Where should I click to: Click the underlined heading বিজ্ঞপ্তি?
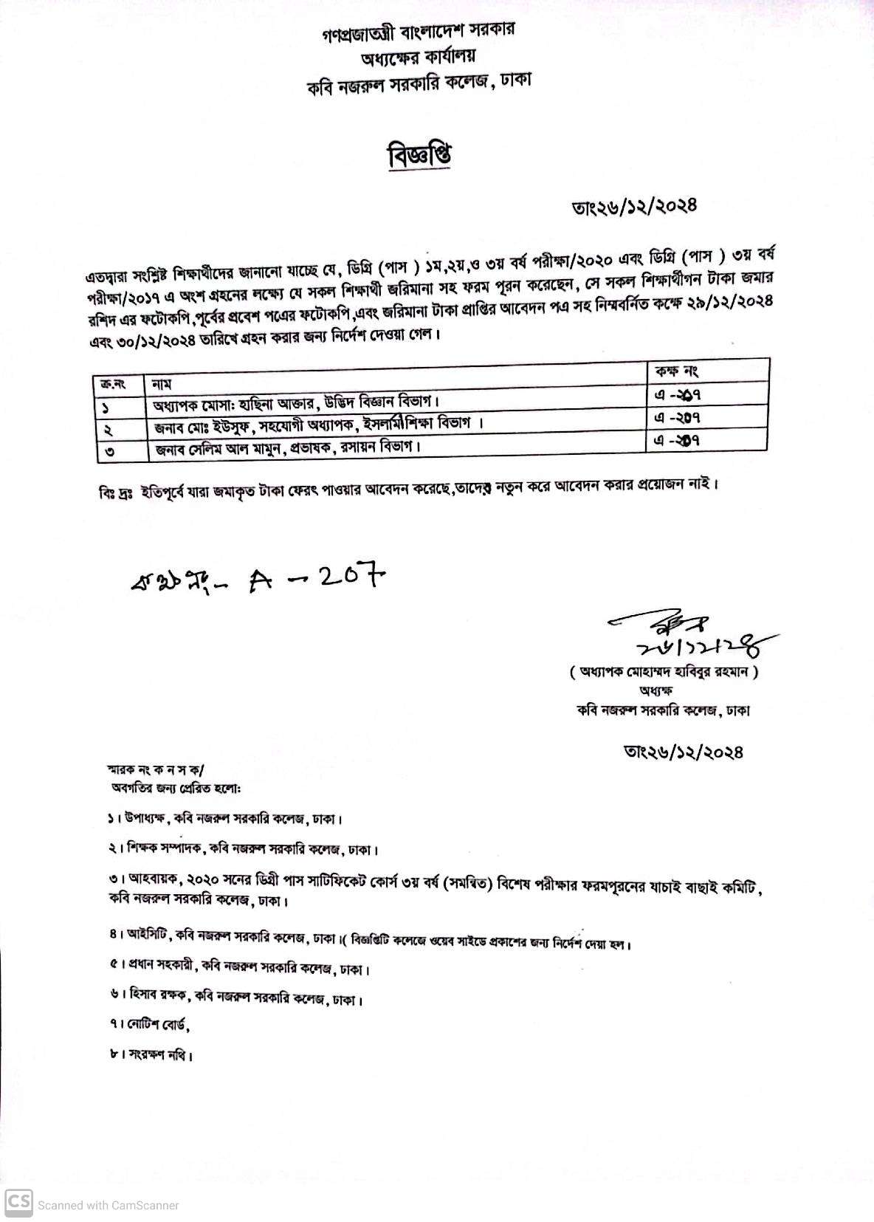(419, 157)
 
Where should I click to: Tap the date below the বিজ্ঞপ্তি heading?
(634, 206)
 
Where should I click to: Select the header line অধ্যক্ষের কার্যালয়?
(419, 56)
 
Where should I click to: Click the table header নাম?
(162, 384)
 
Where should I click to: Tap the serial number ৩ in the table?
(109, 450)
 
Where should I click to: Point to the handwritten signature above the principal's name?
(691, 637)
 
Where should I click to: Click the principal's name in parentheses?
(664, 672)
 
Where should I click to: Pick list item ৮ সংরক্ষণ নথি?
(151, 1055)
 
